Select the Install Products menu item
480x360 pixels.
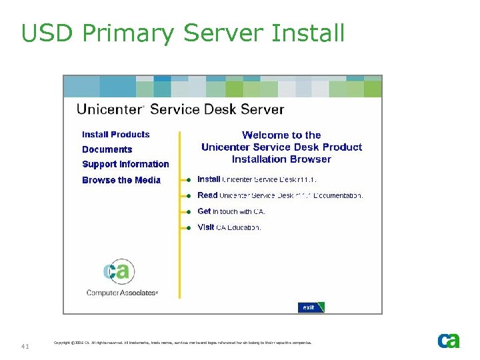[116, 135]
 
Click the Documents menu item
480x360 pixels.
[107, 150]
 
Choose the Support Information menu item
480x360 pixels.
[125, 164]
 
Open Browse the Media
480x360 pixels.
[121, 180]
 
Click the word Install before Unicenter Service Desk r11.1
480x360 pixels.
[209, 179]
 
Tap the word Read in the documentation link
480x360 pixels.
[207, 195]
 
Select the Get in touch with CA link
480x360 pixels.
[231, 211]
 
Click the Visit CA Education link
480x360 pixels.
[229, 227]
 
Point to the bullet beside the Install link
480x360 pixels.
[189, 180]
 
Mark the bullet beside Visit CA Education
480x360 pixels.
[189, 228]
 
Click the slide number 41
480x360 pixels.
[25, 346]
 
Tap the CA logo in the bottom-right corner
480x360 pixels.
[449, 341]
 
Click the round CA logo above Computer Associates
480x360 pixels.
[119, 271]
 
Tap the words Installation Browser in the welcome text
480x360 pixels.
[281, 159]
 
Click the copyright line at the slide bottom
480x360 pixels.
[182, 343]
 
